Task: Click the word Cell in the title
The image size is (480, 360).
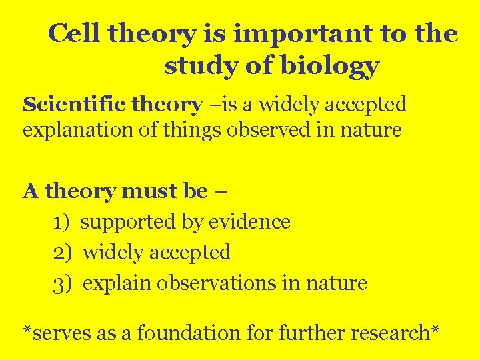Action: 74,33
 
